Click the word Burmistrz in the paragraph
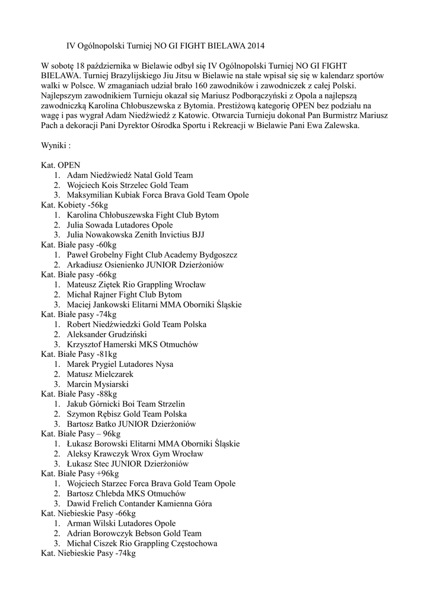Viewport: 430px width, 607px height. pyautogui.click(x=337, y=116)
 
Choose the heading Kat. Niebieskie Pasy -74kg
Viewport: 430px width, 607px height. pyautogui.click(x=88, y=554)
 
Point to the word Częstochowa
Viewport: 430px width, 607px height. pyautogui.click(x=188, y=544)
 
